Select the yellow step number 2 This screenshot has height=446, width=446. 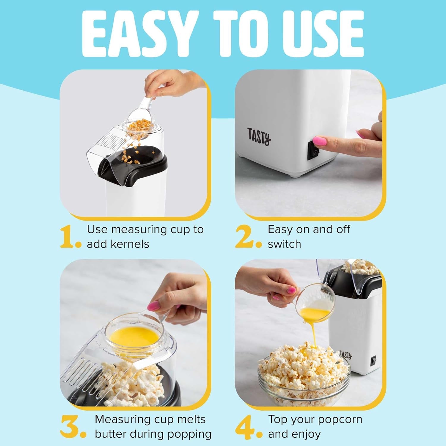point(246,237)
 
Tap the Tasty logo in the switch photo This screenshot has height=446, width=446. point(259,136)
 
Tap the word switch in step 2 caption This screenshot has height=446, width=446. point(285,244)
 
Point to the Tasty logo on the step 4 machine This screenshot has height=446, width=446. point(346,355)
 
